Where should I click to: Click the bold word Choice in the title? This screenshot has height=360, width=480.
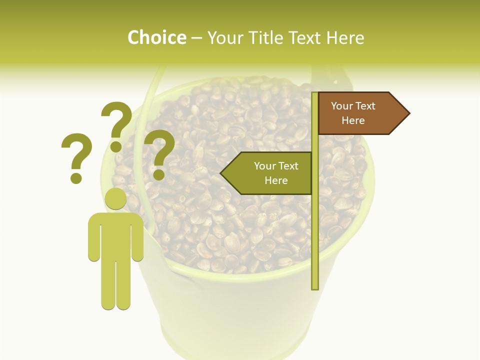156,38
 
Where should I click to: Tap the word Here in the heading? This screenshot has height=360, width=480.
345,38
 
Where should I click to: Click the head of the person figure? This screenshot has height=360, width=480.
115,198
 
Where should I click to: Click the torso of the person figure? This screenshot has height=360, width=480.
115,235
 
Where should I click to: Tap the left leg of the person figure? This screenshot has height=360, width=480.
108,285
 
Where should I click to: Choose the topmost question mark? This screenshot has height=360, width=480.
116,122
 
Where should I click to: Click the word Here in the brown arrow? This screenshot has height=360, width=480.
353,120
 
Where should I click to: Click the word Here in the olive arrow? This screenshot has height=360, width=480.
276,180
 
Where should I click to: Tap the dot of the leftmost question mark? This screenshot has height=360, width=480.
76,177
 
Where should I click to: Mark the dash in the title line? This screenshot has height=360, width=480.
196,38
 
